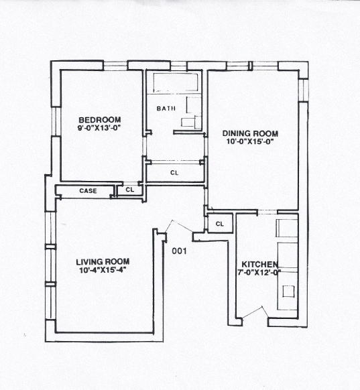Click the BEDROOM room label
tap(100, 121)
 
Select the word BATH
tap(166, 109)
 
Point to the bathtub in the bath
tap(176, 83)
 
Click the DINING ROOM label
tap(250, 133)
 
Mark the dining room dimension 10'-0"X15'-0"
tap(250, 141)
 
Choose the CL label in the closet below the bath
tap(174, 173)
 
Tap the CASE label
tap(88, 191)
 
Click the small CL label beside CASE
tap(130, 190)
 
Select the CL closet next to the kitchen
tap(219, 222)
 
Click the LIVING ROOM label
tap(102, 261)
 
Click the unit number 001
tap(179, 252)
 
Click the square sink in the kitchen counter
tap(289, 291)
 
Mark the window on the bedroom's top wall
tap(115, 65)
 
